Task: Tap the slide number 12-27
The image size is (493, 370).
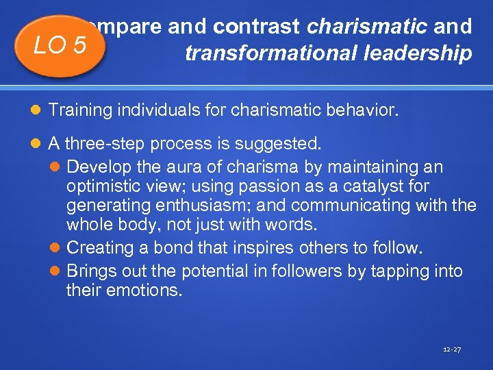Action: tap(452, 349)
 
